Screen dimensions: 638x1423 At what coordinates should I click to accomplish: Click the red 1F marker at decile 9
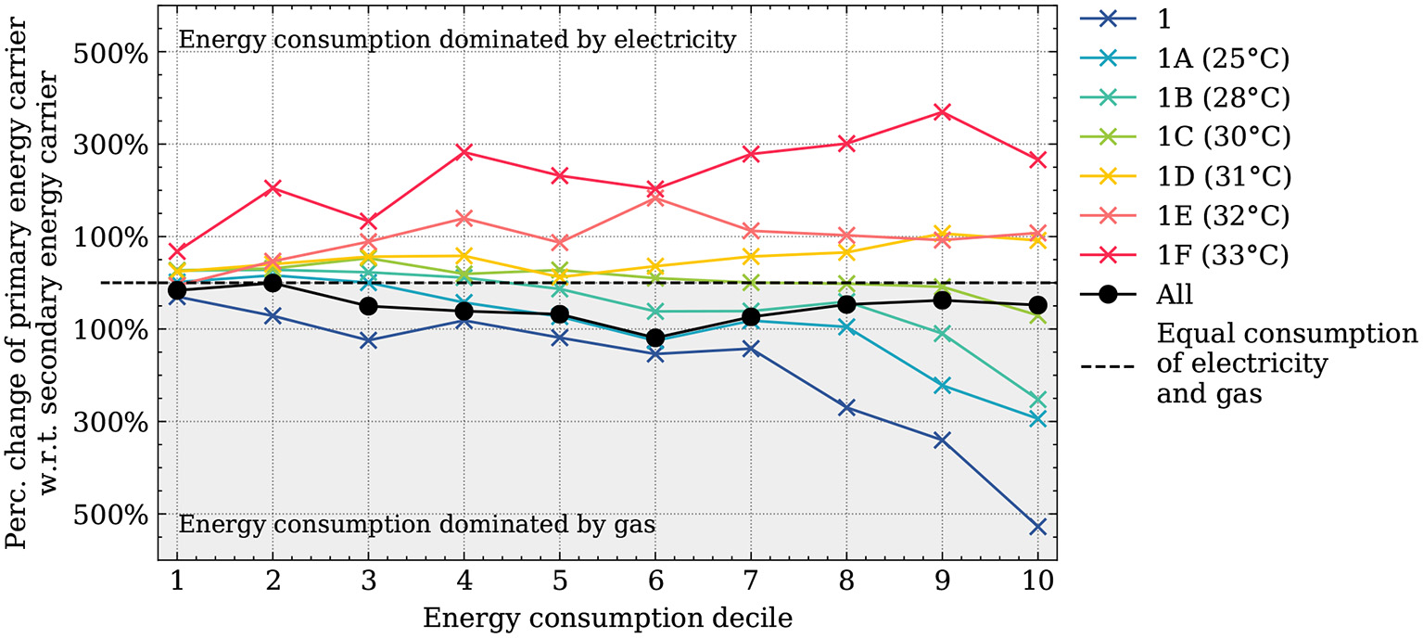[942, 112]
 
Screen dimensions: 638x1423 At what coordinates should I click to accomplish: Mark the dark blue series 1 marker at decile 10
[1037, 527]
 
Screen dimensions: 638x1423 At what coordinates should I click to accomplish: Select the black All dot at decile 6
[654, 338]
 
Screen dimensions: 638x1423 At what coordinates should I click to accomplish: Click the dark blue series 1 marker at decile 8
[846, 408]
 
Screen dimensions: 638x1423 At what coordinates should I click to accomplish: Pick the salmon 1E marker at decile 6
[654, 198]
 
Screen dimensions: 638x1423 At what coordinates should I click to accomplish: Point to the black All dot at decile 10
[1037, 305]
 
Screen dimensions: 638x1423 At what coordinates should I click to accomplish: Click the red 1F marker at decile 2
[273, 188]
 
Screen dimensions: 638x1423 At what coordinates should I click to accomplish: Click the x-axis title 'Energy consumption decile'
[607, 618]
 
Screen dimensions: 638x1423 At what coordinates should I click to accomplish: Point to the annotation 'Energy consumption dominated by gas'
[416, 525]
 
